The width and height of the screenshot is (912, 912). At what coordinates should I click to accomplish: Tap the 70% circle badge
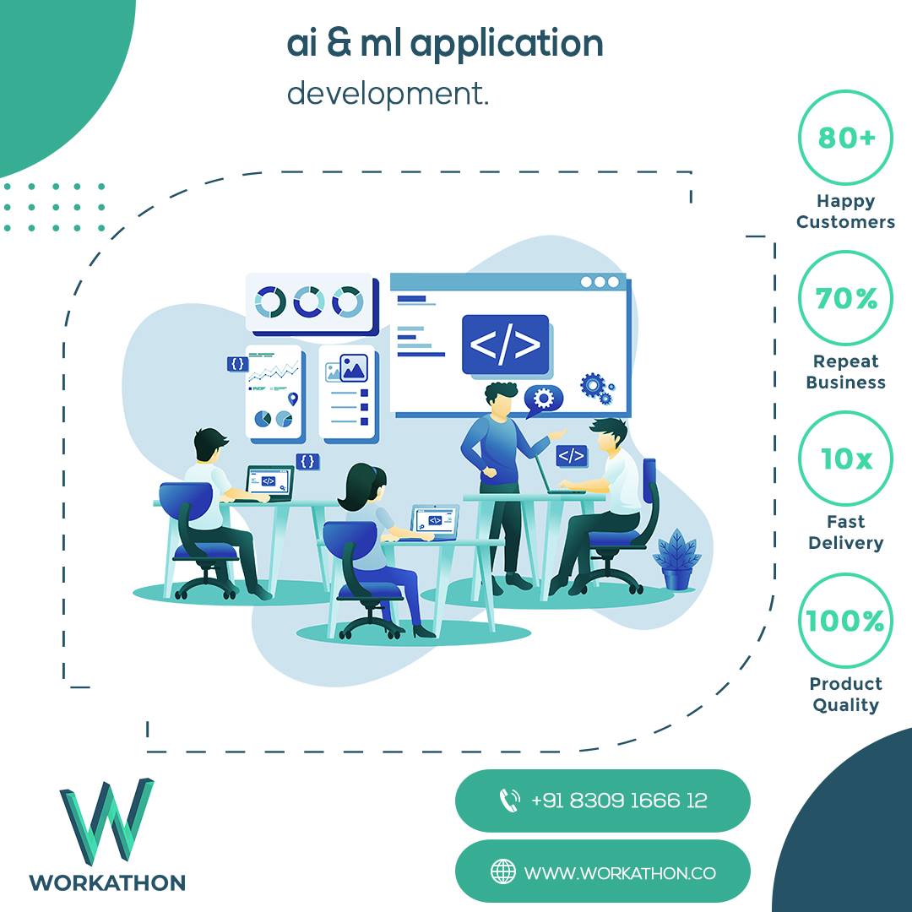coord(844,298)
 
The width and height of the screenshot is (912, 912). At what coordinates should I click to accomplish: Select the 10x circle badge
coord(844,459)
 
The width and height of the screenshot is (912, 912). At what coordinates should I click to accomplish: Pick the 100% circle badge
coord(844,621)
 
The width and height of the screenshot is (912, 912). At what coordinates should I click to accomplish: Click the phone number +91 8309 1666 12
coord(619,801)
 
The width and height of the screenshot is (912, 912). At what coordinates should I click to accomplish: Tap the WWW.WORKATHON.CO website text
coord(620,872)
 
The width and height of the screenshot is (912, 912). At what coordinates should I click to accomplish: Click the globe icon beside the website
coord(503,871)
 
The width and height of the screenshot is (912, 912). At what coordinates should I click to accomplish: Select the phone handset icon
coord(509,801)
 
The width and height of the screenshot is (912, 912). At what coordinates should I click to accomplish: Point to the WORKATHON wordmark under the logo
coord(107,882)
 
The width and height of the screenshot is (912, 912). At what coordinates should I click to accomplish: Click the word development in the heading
coord(388,94)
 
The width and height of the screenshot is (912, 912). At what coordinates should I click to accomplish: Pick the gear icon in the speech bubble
coord(543,398)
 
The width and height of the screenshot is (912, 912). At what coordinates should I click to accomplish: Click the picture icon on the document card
coord(352,368)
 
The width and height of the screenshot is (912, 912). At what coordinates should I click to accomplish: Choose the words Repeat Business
coord(845,372)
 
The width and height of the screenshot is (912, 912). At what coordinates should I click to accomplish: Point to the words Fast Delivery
coord(845,532)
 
